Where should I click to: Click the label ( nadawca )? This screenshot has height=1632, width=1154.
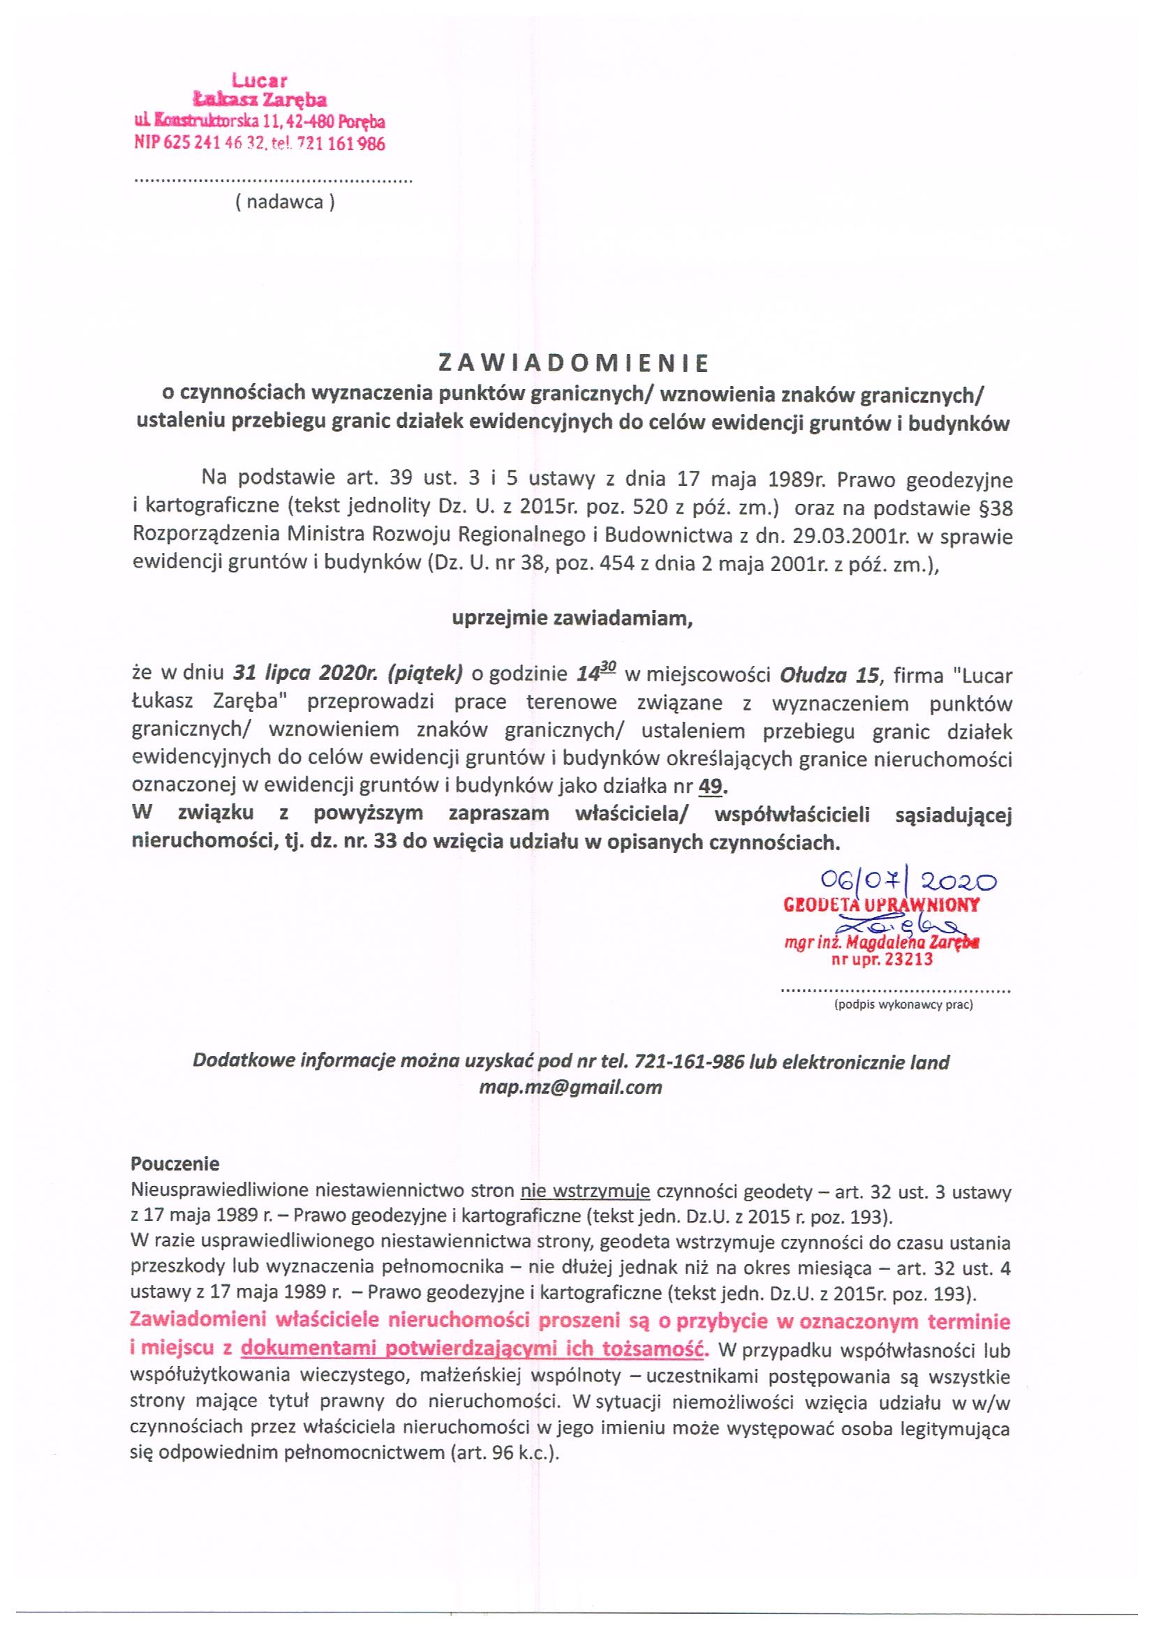click(x=284, y=202)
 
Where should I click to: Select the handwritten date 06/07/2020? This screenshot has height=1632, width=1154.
click(x=908, y=882)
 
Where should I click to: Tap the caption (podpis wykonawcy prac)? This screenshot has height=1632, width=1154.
click(x=903, y=1005)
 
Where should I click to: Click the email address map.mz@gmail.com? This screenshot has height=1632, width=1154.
click(x=571, y=1087)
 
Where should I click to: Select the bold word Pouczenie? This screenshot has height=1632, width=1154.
click(x=176, y=1164)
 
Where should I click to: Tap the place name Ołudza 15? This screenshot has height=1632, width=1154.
click(x=829, y=674)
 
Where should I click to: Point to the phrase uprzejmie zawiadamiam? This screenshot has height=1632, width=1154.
click(x=572, y=618)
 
